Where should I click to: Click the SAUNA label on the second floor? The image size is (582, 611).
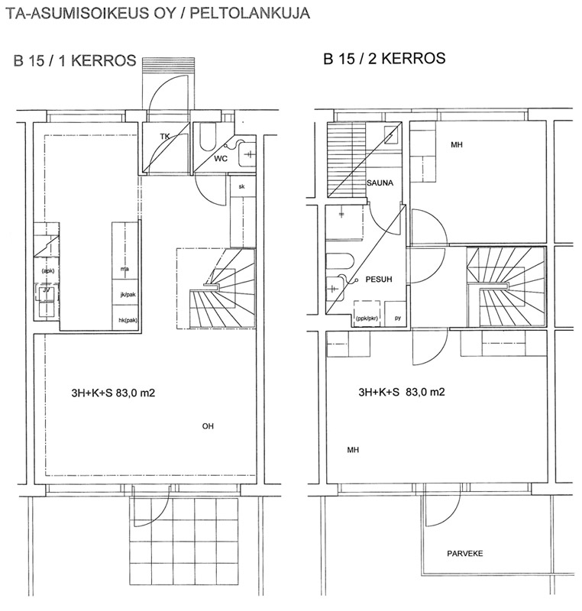click(x=380, y=183)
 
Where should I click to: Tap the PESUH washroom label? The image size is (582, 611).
click(x=379, y=280)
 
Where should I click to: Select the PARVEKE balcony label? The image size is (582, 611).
click(x=464, y=553)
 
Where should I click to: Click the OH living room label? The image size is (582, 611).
click(x=208, y=426)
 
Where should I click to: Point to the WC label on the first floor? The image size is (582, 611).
click(x=221, y=159)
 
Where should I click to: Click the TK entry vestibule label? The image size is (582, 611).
click(x=165, y=137)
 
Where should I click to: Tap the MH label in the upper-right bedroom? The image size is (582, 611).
click(x=457, y=145)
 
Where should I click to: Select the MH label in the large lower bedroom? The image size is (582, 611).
click(x=353, y=450)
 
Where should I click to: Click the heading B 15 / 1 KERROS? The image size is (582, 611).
click(x=75, y=61)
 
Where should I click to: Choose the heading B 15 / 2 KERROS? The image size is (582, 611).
click(x=384, y=59)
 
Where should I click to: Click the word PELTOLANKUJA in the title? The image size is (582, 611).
click(x=250, y=13)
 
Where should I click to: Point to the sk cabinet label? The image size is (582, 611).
click(x=241, y=186)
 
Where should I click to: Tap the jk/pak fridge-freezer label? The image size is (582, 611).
click(x=128, y=295)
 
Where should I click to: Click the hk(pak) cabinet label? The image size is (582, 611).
click(x=128, y=320)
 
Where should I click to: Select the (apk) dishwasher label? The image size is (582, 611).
click(x=48, y=271)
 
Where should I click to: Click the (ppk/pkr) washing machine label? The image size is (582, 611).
click(x=367, y=318)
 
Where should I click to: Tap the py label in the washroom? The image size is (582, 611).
click(x=398, y=318)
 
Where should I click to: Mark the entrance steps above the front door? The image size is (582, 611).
click(x=168, y=64)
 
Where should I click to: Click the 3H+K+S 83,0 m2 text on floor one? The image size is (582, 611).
click(x=113, y=393)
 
